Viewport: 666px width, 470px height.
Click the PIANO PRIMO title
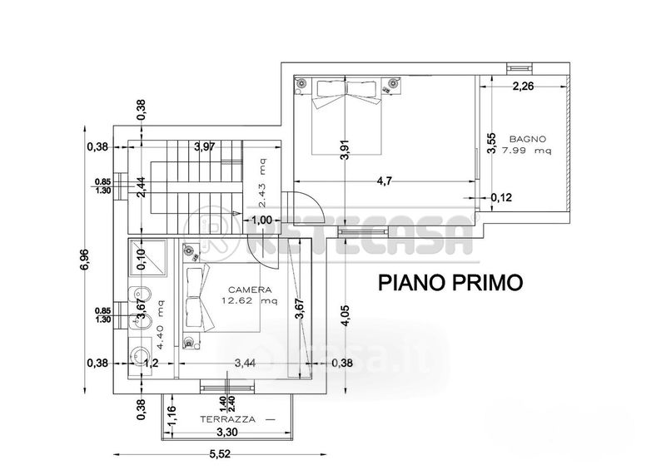tap(450, 282)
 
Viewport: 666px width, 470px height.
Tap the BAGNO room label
tap(528, 138)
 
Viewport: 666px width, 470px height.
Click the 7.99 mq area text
tap(531, 151)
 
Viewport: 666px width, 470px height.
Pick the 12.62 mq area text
tap(245, 301)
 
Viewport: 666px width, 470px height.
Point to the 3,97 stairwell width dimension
tap(204, 147)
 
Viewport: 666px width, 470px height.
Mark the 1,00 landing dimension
tap(262, 220)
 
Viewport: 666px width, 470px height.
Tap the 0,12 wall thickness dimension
tap(502, 198)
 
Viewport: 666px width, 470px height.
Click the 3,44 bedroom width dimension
tap(245, 363)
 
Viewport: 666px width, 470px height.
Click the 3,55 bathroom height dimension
tap(492, 144)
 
